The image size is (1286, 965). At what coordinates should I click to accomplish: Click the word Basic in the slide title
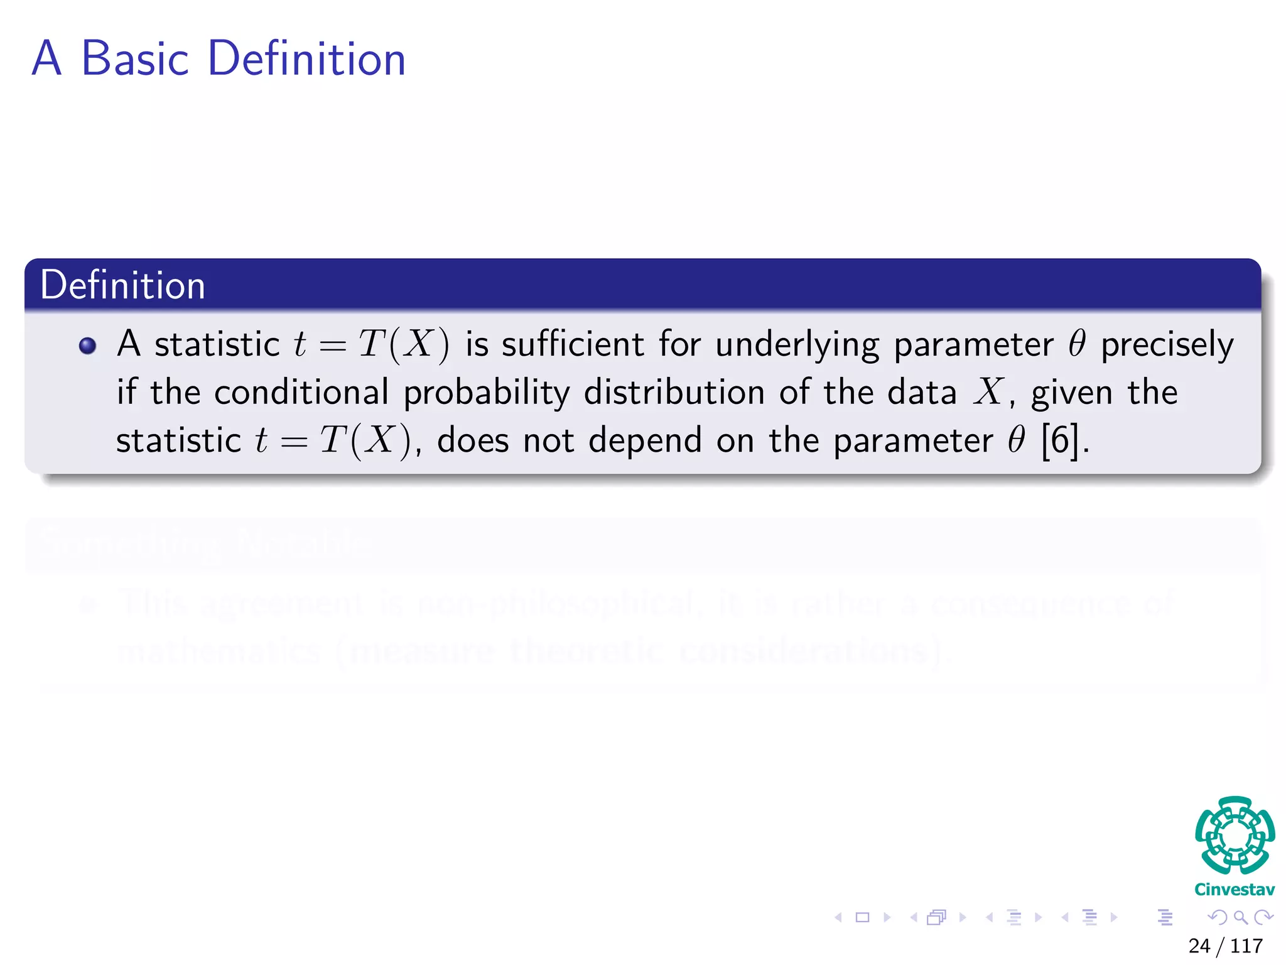tap(135, 58)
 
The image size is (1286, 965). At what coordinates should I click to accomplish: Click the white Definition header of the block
tap(123, 285)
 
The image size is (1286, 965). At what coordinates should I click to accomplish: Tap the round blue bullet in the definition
tap(87, 346)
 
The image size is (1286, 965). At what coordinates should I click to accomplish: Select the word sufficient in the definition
tap(573, 344)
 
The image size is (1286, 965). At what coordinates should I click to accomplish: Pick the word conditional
tap(301, 393)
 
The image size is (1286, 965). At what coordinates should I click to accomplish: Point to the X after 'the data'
tap(988, 393)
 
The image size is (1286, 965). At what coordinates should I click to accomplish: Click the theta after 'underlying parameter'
tap(1077, 344)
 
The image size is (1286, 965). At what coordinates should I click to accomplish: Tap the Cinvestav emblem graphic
tap(1235, 836)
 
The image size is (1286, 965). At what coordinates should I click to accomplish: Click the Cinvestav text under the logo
tap(1235, 890)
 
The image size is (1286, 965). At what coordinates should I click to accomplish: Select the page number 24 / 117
tap(1225, 946)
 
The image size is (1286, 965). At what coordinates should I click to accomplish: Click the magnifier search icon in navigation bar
tap(1240, 917)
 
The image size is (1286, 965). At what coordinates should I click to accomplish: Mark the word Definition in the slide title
tap(306, 58)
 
